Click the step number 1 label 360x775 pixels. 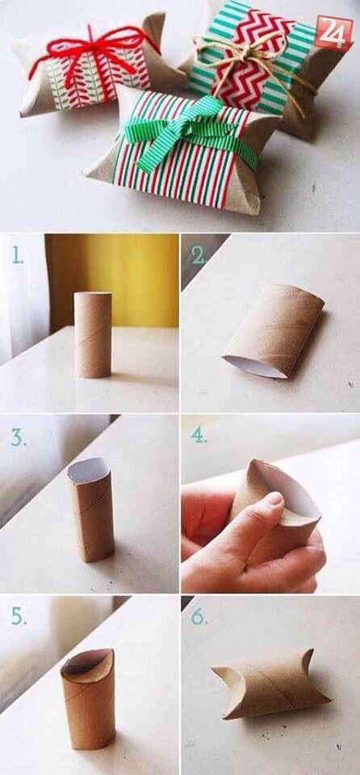17,255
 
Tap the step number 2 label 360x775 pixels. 199,255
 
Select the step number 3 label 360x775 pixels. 19,437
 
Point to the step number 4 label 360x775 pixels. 199,435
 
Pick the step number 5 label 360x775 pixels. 19,616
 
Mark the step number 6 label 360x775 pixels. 199,616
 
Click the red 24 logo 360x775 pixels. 333,32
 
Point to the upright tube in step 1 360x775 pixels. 93,334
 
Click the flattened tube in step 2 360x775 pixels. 274,330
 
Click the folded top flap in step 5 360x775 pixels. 87,661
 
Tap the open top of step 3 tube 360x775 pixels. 89,471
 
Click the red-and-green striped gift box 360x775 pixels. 184,151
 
